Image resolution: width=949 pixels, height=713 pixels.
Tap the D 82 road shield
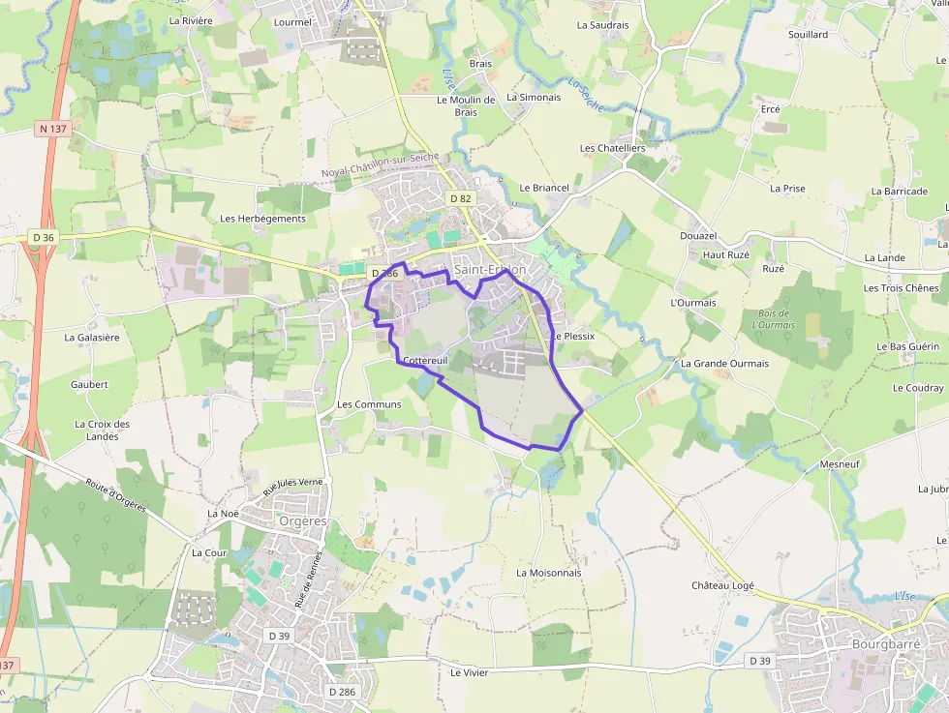coord(461,198)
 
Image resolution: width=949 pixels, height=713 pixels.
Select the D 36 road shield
coord(43,237)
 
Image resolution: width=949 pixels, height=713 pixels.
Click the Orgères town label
coord(301,520)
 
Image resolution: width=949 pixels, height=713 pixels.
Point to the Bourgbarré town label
coord(884,644)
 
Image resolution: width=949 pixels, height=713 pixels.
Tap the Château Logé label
coord(722,585)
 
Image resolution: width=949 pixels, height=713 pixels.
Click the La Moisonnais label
coord(548,573)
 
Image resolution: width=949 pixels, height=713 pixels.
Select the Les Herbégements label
coord(262,219)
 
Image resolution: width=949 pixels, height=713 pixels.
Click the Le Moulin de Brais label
coord(466,105)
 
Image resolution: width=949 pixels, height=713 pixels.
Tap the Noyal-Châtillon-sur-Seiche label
coord(381,164)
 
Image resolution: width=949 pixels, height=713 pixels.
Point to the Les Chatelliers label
coord(612,148)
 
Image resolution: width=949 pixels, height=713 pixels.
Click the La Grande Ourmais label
coord(724,364)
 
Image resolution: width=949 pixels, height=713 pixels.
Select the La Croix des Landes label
coord(102,430)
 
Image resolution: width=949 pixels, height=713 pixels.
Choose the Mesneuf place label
coord(839,464)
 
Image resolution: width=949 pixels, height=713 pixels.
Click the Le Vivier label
coord(470,672)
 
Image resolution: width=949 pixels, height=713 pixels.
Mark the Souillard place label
coord(808,34)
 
